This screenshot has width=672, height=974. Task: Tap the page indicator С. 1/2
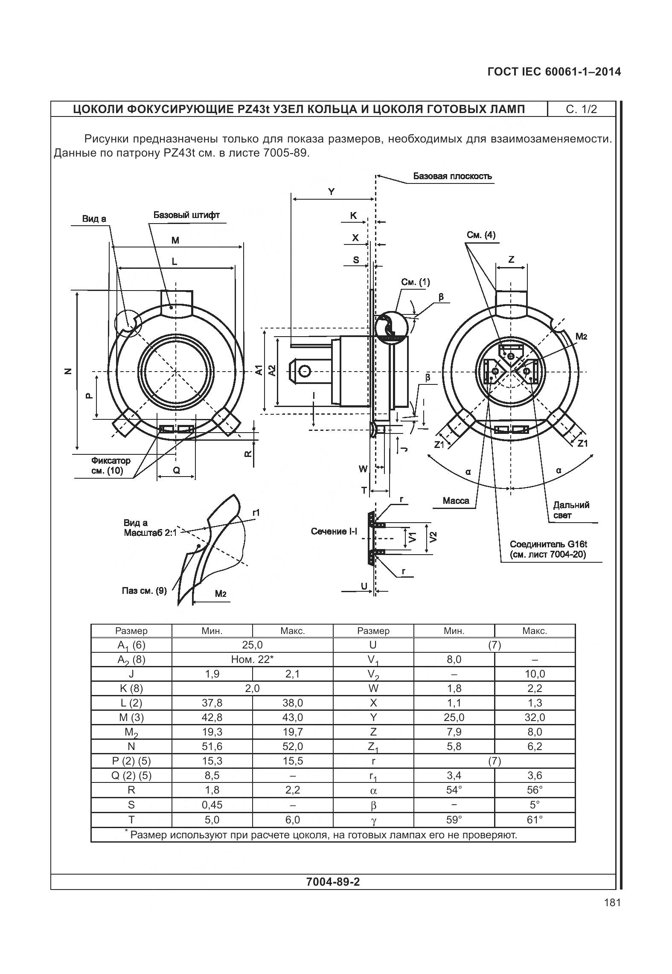581,109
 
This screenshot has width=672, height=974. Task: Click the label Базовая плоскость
452,176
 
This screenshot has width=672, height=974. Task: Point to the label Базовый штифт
186,215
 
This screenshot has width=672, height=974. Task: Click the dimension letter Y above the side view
332,192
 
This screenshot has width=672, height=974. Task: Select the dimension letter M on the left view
175,240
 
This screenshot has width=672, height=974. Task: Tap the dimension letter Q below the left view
176,470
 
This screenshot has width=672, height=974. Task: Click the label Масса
456,501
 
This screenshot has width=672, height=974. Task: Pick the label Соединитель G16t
548,544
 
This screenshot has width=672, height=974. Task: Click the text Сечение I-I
334,532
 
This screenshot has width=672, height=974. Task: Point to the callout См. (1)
415,282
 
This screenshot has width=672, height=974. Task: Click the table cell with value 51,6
212,746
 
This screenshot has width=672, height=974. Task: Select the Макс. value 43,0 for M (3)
293,717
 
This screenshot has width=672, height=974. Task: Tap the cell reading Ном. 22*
252,659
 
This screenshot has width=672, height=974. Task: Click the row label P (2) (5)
131,761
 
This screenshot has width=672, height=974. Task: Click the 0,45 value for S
212,805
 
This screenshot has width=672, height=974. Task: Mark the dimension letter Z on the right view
511,259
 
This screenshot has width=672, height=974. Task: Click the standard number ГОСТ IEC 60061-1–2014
554,72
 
